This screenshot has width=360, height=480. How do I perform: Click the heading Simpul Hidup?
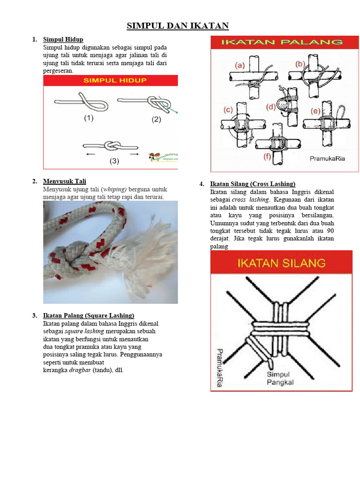[x=63, y=39]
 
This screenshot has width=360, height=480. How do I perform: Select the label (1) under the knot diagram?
[x=89, y=119]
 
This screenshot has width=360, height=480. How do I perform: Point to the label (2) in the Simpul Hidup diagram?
[x=156, y=120]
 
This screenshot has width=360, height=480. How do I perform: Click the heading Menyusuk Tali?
[x=65, y=181]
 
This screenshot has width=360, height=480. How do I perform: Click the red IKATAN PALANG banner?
[x=281, y=42]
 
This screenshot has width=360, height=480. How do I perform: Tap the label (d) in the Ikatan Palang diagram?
[x=271, y=107]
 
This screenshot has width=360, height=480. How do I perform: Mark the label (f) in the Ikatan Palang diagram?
[x=267, y=157]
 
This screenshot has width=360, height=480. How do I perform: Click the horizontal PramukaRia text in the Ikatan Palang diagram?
[x=327, y=159]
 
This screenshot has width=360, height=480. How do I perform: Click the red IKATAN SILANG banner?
[x=281, y=262]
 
